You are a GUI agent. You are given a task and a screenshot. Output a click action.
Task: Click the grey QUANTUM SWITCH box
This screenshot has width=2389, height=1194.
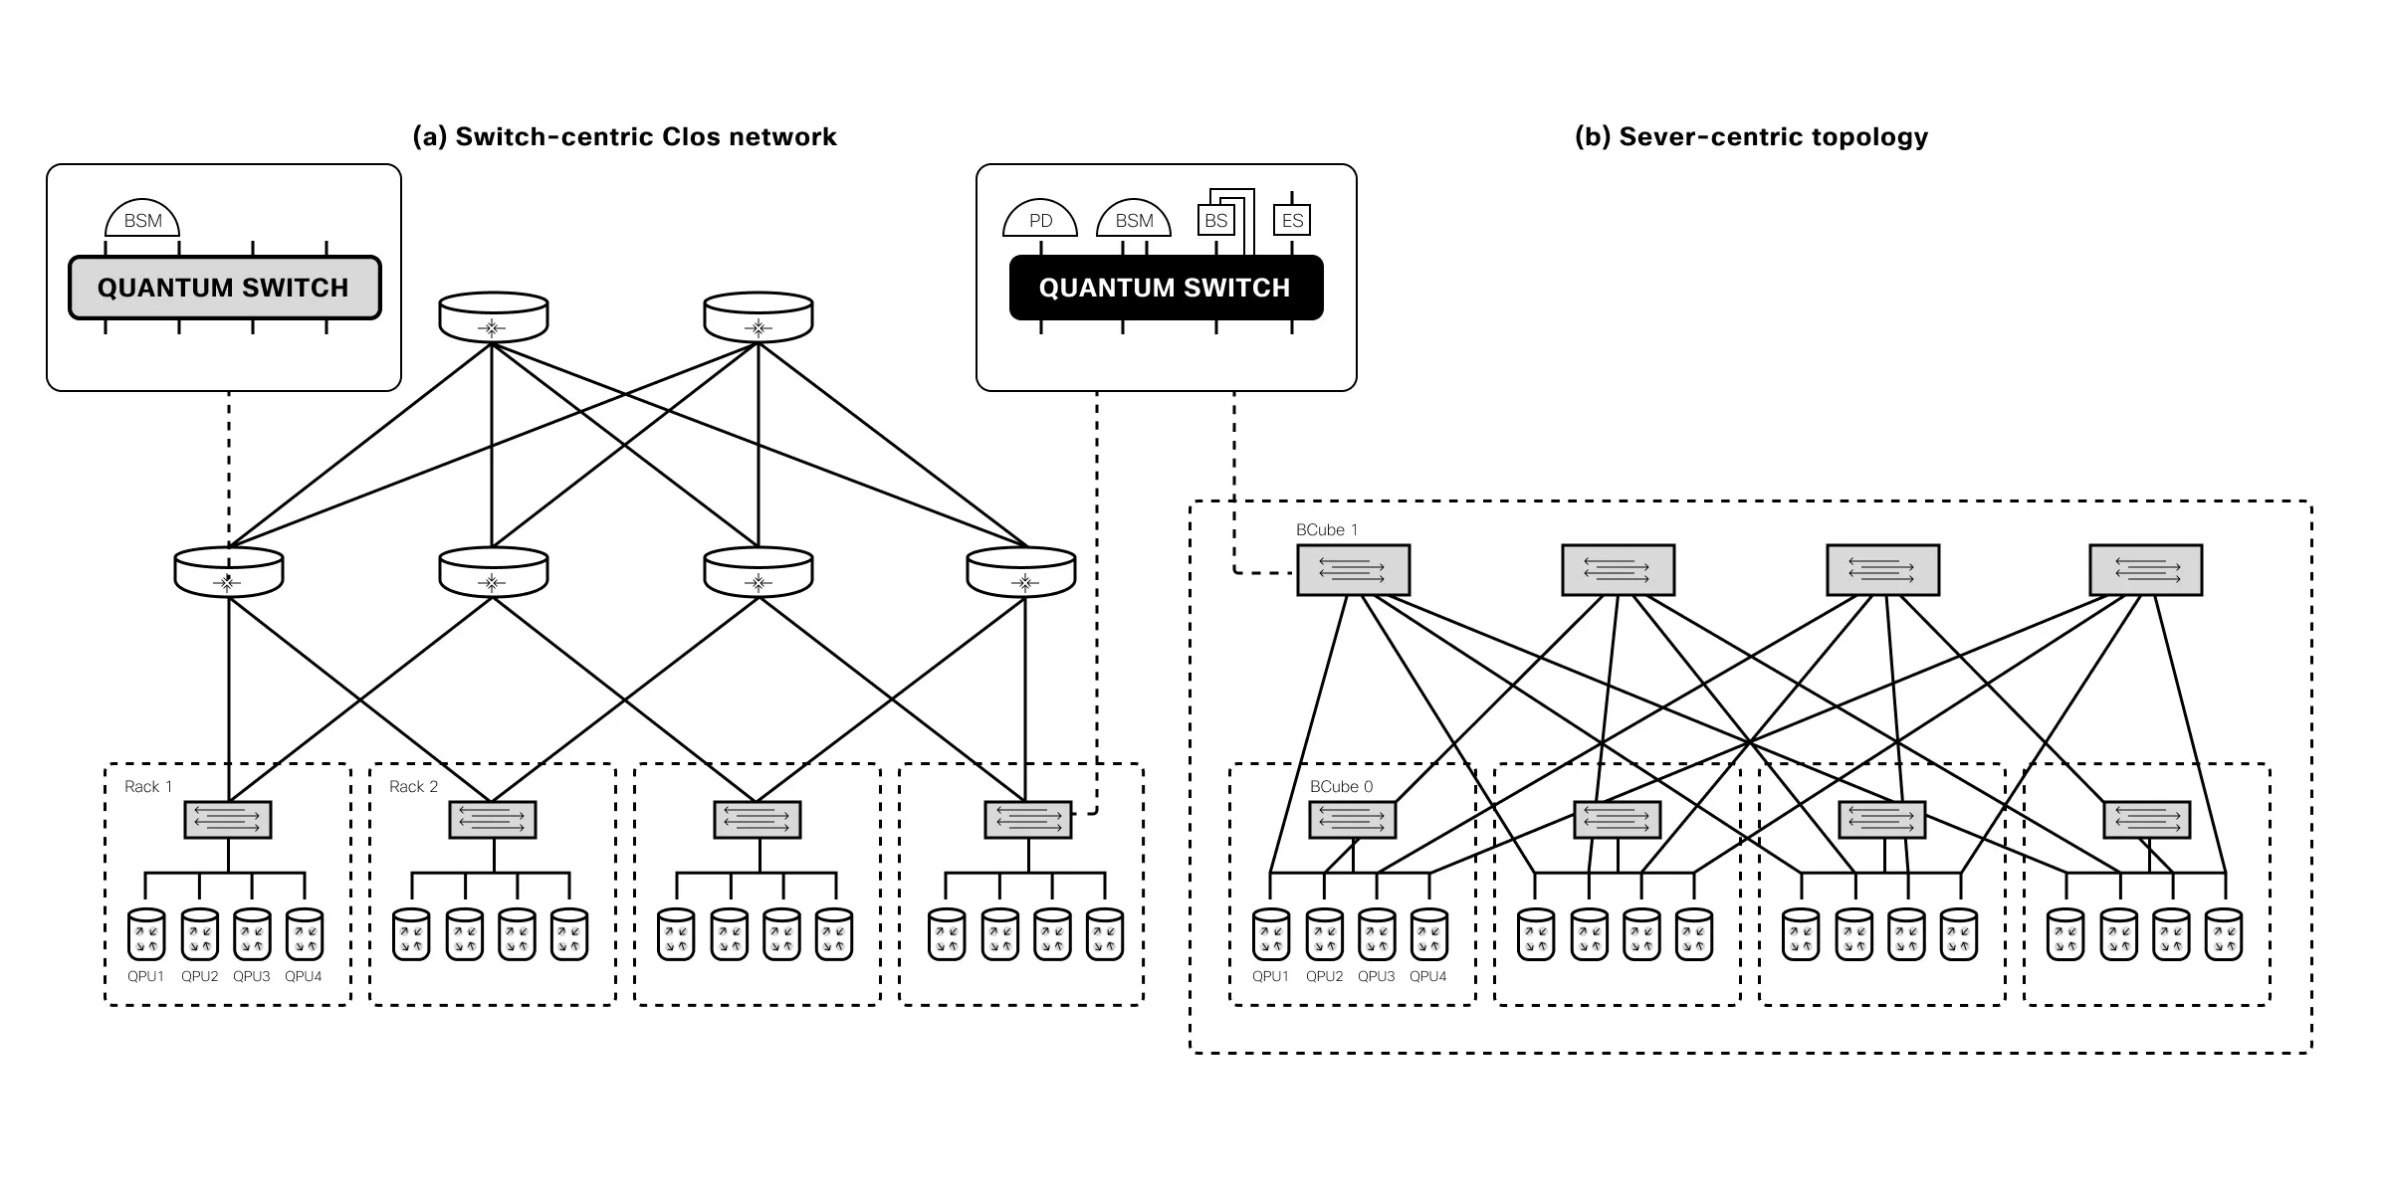point(224,288)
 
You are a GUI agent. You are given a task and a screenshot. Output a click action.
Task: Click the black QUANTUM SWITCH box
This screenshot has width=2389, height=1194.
point(1166,288)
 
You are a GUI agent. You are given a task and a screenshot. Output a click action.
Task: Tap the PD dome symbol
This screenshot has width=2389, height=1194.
point(1040,220)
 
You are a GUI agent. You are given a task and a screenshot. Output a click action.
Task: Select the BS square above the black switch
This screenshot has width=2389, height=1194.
point(1215,220)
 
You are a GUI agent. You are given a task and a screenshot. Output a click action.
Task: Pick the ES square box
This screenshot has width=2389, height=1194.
point(1292,220)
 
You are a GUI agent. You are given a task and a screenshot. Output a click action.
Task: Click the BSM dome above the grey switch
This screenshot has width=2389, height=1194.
point(142,220)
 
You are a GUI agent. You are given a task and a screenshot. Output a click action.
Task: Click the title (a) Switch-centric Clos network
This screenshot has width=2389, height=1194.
point(624,136)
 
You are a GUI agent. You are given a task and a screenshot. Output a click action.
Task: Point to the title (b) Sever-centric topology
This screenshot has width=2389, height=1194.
point(1751,136)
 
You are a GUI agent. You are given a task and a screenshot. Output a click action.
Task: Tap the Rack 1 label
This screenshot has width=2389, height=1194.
point(148,787)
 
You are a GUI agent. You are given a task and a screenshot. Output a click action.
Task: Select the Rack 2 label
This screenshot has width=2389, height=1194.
point(413,787)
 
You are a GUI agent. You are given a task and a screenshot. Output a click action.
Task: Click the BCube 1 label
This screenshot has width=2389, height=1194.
point(1326,530)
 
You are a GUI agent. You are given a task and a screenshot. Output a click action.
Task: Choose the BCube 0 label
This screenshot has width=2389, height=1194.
point(1341,787)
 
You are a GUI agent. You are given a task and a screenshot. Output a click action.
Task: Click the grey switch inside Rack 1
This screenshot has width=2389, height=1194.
point(228,820)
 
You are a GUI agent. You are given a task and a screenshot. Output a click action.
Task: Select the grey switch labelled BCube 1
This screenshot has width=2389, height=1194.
point(1353,570)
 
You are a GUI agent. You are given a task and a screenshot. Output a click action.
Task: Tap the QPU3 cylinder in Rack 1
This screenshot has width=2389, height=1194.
point(252,934)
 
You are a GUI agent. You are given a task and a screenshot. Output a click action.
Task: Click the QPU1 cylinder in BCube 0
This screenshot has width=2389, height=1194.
point(1271,934)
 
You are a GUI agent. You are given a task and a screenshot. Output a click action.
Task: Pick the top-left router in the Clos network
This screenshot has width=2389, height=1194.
point(493,316)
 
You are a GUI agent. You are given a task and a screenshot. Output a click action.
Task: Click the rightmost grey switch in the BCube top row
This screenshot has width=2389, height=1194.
point(2145,570)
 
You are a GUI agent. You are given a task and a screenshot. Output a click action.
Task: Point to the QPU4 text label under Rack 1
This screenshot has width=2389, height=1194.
point(304,977)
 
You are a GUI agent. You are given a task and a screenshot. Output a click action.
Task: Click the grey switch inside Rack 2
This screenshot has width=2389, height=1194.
point(493,820)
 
